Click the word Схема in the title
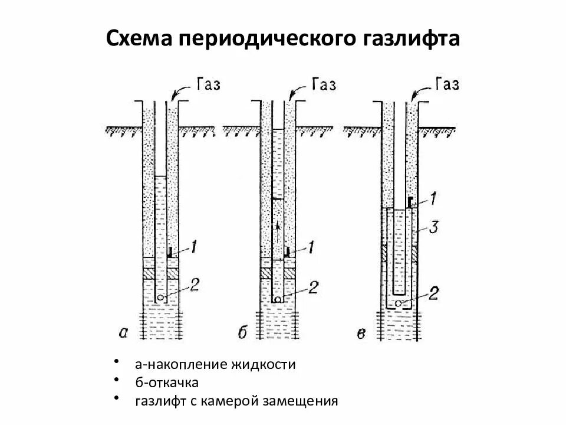[140, 40]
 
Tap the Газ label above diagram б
[323, 84]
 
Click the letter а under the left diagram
[123, 333]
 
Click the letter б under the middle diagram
[242, 334]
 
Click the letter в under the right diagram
[361, 334]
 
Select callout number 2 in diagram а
[195, 286]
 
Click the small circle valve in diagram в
[399, 303]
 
